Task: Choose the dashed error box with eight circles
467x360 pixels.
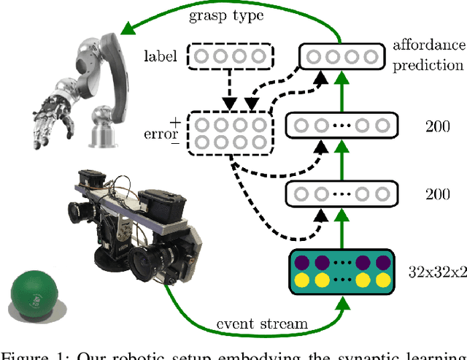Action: [228, 132]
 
